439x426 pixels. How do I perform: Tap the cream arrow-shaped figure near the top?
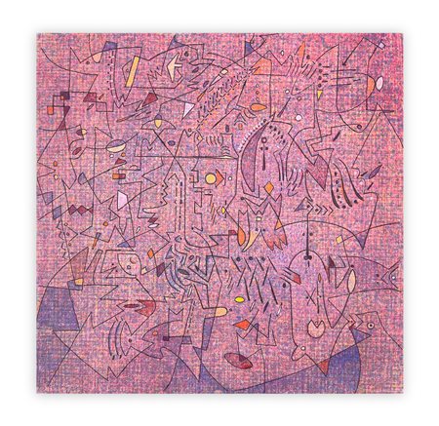point(174,65)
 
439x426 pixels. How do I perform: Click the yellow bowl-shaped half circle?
point(116,147)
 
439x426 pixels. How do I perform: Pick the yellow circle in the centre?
point(210,178)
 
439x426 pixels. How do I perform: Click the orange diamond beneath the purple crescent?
point(268,187)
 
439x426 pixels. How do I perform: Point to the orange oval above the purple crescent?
point(257,106)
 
